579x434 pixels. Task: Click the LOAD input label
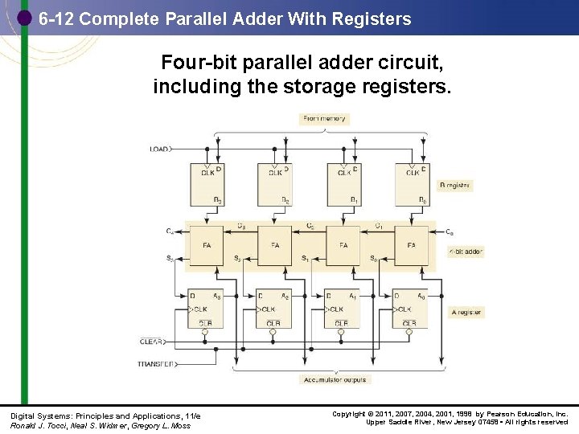click(x=159, y=149)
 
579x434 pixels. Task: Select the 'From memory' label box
click(x=324, y=119)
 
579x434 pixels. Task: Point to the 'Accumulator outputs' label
click(x=335, y=379)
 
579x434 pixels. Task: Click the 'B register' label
click(x=456, y=186)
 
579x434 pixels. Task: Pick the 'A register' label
click(x=467, y=312)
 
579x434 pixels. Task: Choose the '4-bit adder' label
click(x=466, y=252)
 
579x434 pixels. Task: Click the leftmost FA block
click(x=207, y=246)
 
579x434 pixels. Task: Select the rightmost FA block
click(x=412, y=246)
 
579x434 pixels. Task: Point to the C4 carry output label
click(x=170, y=232)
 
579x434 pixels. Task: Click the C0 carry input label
click(x=449, y=232)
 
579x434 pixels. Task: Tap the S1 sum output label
click(x=305, y=259)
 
